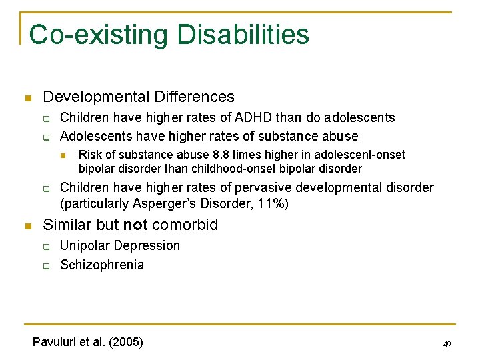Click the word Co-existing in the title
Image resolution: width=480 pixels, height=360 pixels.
(90, 35)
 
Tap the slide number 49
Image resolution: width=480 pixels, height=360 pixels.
(447, 344)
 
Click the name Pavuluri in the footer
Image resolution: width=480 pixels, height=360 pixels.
(54, 342)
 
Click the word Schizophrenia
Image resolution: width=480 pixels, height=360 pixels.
(101, 265)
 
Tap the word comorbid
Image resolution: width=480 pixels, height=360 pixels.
(185, 225)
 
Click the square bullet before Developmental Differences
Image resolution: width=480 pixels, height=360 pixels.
(27, 98)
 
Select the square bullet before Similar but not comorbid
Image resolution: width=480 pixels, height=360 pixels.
(27, 225)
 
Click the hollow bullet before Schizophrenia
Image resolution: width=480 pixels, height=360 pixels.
(48, 265)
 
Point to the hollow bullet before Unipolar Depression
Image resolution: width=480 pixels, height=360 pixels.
(48, 246)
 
